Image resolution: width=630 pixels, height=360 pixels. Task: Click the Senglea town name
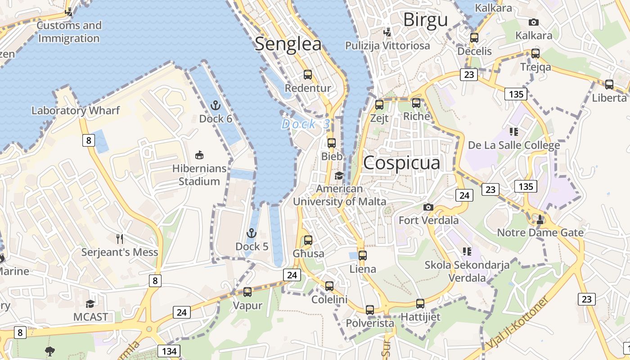[x=288, y=44]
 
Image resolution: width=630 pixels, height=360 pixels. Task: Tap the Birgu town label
[x=425, y=20]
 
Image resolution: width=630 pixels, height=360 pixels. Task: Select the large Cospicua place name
[x=401, y=162]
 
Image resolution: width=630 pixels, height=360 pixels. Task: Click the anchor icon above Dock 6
[x=216, y=106]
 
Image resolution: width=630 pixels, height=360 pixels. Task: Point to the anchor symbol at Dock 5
[x=252, y=233]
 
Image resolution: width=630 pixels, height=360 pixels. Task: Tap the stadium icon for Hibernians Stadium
[x=199, y=155]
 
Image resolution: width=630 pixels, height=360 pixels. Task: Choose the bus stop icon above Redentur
[x=308, y=75]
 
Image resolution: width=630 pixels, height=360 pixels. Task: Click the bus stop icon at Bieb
[x=332, y=143]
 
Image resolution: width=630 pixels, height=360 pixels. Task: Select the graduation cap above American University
[x=339, y=175]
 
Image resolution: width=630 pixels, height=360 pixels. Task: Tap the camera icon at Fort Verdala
[x=428, y=207]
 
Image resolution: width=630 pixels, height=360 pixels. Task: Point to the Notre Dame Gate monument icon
[x=540, y=220]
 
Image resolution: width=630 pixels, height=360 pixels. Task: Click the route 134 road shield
[x=169, y=351]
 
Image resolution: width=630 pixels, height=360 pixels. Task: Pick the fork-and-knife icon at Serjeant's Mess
[x=120, y=238]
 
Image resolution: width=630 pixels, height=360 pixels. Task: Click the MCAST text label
[x=91, y=317]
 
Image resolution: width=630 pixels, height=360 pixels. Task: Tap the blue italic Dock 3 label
[x=306, y=124]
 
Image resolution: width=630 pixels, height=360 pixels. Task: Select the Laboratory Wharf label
[x=76, y=110]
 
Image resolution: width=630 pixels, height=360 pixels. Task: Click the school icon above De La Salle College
[x=514, y=131]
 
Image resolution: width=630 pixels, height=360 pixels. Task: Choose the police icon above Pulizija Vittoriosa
[x=387, y=32]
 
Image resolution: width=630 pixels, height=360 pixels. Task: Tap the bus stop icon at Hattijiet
[x=420, y=303]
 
